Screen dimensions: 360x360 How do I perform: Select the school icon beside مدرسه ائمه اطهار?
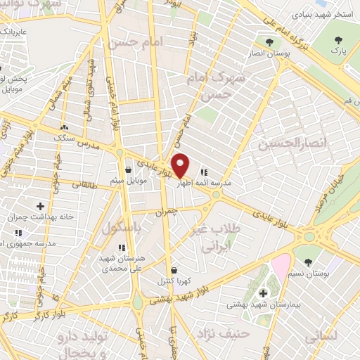point(204,171)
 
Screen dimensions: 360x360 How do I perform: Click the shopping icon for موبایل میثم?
point(127,169)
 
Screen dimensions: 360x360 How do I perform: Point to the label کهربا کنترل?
point(173,281)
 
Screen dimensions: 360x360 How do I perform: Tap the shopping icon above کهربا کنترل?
point(174,269)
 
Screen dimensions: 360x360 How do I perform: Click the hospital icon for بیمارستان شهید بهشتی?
point(264,293)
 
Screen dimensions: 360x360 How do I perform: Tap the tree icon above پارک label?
point(340,40)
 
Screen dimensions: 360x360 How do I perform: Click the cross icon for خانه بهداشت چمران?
point(40,206)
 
